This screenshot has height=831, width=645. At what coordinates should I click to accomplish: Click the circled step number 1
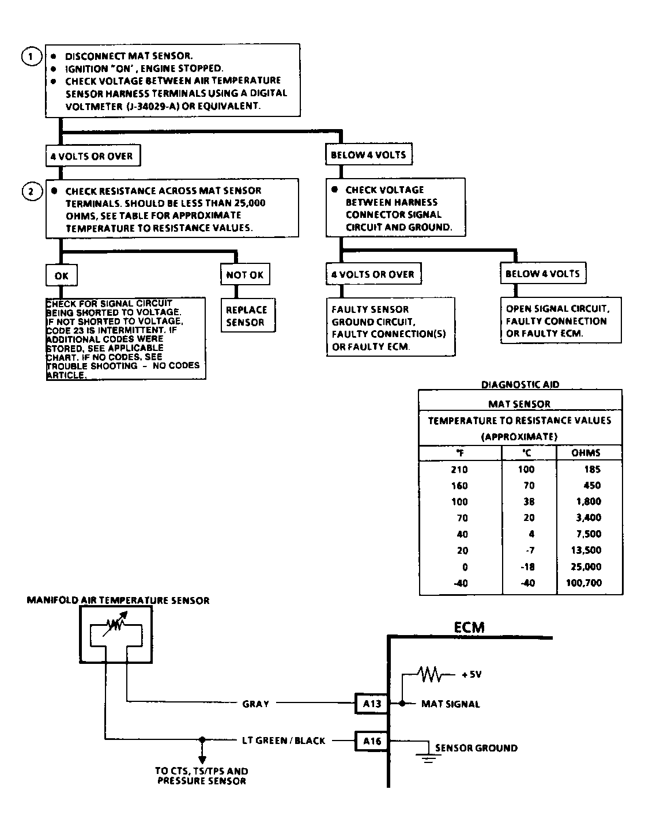pos(32,56)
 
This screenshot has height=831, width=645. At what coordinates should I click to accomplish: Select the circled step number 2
pos(32,191)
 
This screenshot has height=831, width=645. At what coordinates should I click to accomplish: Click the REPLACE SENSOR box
pos(247,316)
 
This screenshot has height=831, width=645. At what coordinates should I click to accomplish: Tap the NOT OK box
pos(245,275)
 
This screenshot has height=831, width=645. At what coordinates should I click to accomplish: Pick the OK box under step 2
pos(61,275)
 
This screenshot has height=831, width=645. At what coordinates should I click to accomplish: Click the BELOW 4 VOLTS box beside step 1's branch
pos(368,154)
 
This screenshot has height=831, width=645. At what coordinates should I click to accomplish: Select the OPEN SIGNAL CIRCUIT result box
pos(560,321)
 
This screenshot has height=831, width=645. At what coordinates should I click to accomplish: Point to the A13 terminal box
pos(372,704)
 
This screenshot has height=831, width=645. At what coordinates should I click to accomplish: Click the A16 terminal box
pos(372,741)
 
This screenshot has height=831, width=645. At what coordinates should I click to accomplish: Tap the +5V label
pos(471,674)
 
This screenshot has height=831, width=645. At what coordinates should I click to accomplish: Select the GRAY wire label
pos(256,704)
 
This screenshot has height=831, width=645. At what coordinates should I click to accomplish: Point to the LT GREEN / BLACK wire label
pos(284,741)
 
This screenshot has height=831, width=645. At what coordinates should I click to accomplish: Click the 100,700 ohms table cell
pos(583,583)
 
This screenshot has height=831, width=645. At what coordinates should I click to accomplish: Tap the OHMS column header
pos(586,453)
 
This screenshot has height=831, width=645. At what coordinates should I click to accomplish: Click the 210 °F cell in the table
pos(459,470)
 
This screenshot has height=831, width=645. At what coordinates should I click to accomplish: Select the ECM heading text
pos(469,628)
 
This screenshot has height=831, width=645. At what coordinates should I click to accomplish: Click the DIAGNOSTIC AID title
pos(520,384)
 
